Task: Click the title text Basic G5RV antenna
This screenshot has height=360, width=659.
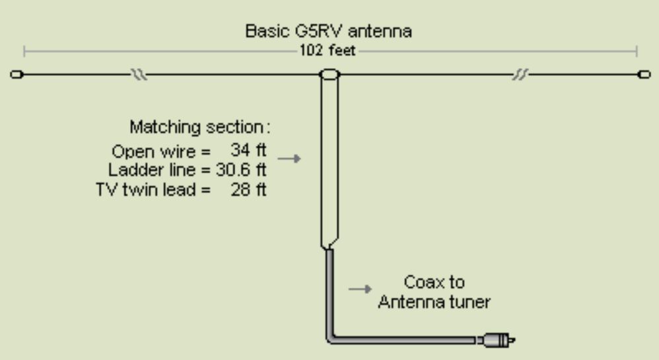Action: pyautogui.click(x=328, y=31)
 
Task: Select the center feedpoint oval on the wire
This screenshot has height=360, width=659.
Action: pyautogui.click(x=329, y=75)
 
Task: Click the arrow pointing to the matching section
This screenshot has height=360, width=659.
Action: pyautogui.click(x=289, y=159)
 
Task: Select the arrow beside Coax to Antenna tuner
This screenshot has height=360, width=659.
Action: pyautogui.click(x=361, y=289)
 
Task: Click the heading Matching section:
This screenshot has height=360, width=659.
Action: pyautogui.click(x=200, y=126)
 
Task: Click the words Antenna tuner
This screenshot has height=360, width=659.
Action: pyautogui.click(x=433, y=303)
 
